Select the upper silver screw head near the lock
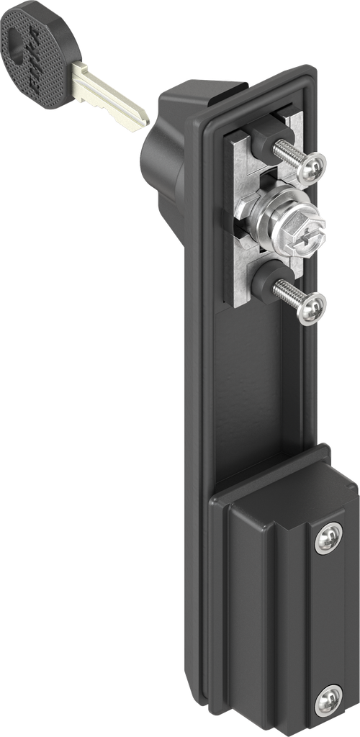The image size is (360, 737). [x=315, y=167]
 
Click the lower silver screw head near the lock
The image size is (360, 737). [x=314, y=308]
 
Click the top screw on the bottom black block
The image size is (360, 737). [x=328, y=536]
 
